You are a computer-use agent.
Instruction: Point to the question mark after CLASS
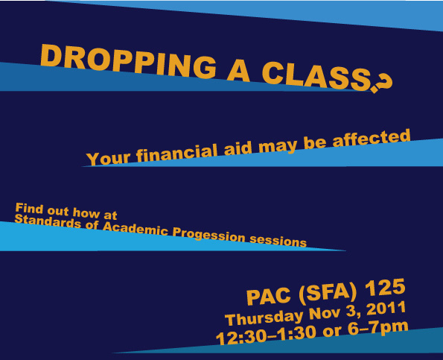[383, 83]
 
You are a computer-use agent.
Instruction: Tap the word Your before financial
[108, 159]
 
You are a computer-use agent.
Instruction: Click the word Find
[29, 209]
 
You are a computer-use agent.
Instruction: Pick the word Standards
[48, 221]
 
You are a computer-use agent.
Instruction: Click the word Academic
[135, 229]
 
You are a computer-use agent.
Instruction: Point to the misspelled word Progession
[208, 236]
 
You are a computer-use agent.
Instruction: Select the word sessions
[278, 241]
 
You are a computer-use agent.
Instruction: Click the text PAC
[268, 297]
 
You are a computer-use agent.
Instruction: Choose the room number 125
[385, 287]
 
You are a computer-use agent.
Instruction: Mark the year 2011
[386, 308]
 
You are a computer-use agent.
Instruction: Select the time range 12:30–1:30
[266, 336]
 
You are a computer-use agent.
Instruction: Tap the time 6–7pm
[378, 328]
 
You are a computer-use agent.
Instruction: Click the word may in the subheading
[278, 147]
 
